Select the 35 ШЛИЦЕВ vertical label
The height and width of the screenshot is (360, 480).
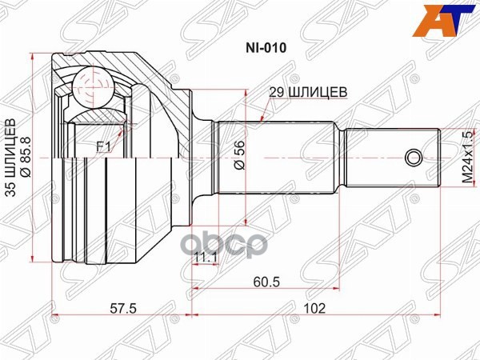11,155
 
